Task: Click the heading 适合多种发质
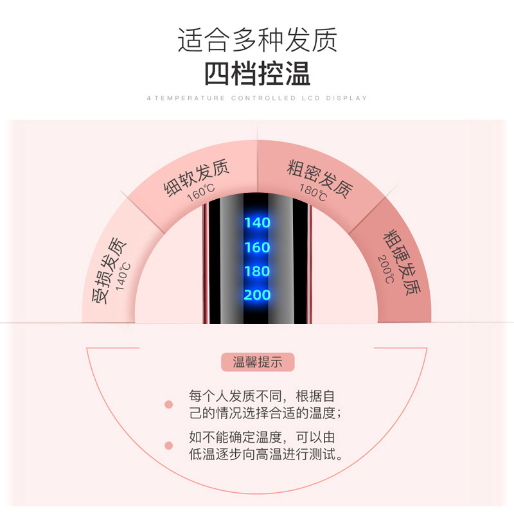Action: [x=258, y=40]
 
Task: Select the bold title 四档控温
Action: [x=258, y=74]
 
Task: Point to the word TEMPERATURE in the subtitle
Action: [x=190, y=98]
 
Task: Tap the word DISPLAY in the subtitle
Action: [x=346, y=98]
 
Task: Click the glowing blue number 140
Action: [x=258, y=223]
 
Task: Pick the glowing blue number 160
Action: [x=258, y=247]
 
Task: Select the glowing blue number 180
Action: [x=258, y=271]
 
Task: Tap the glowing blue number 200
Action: [x=258, y=295]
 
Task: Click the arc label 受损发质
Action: [x=108, y=270]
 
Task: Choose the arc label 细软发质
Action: [x=196, y=177]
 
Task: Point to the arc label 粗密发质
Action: [x=320, y=179]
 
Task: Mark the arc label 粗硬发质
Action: [x=403, y=262]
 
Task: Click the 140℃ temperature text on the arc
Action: [x=123, y=277]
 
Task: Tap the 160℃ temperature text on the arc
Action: [x=201, y=193]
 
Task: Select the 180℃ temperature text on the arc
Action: [x=314, y=192]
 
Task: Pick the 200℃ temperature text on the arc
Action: [x=386, y=269]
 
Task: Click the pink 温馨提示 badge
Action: [x=258, y=362]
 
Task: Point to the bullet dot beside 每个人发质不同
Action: [x=169, y=405]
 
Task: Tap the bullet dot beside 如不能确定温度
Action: [x=169, y=445]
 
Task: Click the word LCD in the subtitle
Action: [x=311, y=98]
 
